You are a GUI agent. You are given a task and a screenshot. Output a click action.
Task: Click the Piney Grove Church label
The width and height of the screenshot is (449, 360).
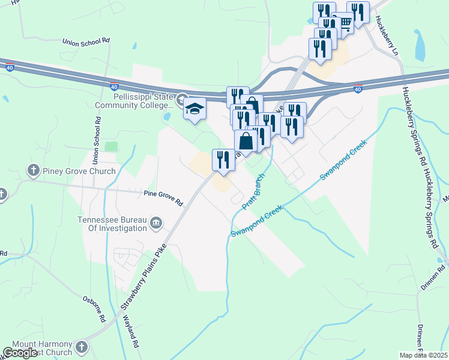click(79, 171)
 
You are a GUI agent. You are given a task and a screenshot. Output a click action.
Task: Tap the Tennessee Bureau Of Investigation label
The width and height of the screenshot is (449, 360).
click(112, 224)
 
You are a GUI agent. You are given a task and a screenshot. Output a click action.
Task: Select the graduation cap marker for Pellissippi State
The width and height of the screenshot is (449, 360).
click(194, 109)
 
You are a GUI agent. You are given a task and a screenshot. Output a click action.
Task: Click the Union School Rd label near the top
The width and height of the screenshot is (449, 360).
click(86, 41)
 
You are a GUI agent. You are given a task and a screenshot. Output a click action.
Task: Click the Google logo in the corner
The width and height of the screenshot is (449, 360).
click(20, 353)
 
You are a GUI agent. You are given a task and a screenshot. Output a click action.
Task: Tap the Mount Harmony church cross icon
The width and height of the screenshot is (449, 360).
click(82, 347)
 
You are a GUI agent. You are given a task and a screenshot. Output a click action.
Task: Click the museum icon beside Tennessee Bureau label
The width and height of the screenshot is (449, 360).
click(155, 224)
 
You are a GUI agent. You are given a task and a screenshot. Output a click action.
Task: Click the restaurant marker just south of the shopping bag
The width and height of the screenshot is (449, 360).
click(223, 159)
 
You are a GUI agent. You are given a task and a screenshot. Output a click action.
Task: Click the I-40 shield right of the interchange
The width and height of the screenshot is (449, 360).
click(358, 89)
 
